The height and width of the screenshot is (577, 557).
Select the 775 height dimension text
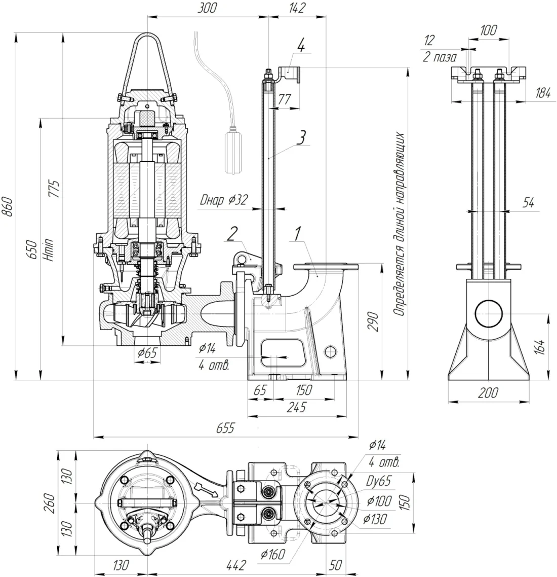[55, 189]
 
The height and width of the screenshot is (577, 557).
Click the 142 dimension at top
[298, 8]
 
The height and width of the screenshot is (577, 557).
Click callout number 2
[232, 233]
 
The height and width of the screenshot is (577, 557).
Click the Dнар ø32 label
[223, 199]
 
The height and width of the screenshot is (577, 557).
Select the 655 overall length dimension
[225, 428]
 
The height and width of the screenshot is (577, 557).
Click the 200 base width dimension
[488, 392]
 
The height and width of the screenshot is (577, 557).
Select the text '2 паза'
[440, 57]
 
